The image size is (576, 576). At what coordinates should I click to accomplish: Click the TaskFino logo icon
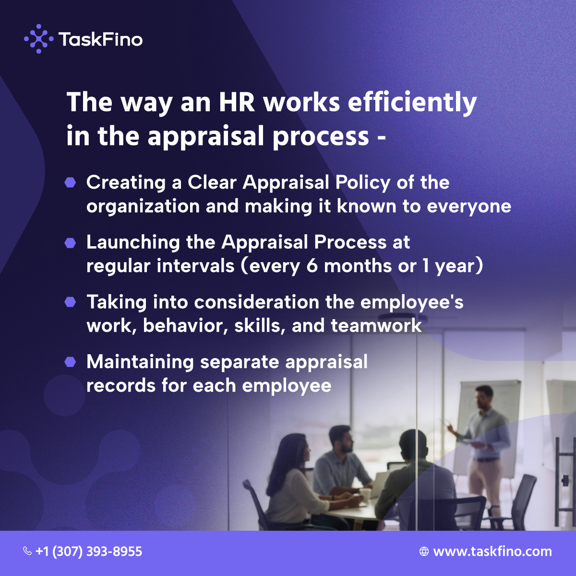[38, 39]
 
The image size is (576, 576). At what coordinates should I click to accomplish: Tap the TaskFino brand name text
[100, 39]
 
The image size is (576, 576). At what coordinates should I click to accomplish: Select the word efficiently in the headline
[412, 103]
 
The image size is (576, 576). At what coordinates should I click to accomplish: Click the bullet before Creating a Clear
[71, 183]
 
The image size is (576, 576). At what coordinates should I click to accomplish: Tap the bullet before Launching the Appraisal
[71, 243]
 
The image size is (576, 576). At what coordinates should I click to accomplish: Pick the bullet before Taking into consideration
[71, 302]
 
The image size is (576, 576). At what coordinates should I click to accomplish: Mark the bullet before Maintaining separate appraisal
[71, 362]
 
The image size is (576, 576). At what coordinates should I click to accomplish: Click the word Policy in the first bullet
[363, 183]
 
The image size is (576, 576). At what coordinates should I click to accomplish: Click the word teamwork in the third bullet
[376, 326]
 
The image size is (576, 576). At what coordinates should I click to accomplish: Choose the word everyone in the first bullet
[469, 206]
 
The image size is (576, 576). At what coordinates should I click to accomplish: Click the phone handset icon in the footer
[27, 551]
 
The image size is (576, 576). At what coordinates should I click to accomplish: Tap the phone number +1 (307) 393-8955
[89, 551]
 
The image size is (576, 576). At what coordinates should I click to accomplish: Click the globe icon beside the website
[424, 552]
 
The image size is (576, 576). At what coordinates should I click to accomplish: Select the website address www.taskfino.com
[492, 552]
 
